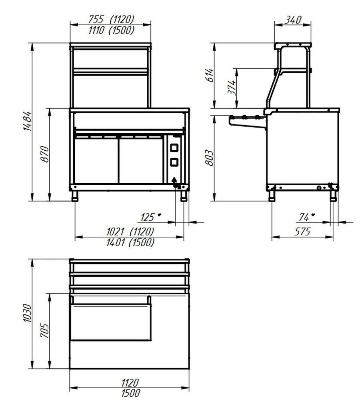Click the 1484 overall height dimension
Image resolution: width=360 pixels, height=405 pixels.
[x=27, y=121]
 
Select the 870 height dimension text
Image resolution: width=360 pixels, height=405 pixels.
[x=45, y=154]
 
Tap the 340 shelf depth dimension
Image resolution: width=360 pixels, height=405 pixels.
[x=293, y=20]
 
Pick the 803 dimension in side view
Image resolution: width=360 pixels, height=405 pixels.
[x=209, y=158]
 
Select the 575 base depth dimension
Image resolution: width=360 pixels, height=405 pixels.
[x=302, y=232]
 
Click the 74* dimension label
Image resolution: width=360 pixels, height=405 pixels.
[x=307, y=217]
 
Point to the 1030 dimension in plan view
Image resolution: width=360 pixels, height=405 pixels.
[x=27, y=313]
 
